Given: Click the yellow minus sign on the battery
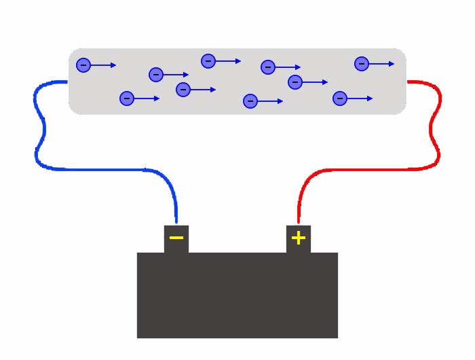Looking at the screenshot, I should coord(176,238).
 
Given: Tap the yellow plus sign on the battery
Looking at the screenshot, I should coord(299,238).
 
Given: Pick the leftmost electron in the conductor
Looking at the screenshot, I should coord(83,65).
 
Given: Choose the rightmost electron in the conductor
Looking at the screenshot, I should coord(362,64).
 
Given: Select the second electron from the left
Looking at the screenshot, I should coord(127,98).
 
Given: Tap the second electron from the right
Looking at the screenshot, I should coord(340,98).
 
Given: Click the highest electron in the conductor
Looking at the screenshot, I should coord(208,61).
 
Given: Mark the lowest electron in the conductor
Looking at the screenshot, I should coord(250,101).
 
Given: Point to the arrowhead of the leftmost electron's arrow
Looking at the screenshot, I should coord(114,65).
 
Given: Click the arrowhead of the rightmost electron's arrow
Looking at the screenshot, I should coord(392,64).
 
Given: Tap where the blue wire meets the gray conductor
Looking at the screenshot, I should coord(67,83).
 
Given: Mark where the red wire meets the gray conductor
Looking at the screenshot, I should coord(408,82).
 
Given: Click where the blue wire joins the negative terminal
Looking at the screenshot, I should coord(176,223).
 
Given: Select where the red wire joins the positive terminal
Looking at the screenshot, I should coord(298,223).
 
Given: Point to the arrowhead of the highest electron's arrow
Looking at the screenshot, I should coord(239,61).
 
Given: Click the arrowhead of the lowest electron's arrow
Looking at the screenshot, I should coord(281,101).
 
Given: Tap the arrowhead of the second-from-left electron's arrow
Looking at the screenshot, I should coord(157,98).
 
